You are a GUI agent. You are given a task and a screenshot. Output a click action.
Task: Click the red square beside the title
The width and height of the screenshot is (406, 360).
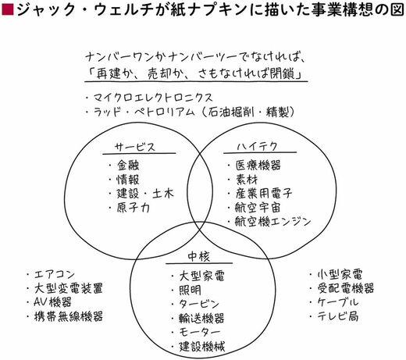pyautogui.click(x=7, y=9)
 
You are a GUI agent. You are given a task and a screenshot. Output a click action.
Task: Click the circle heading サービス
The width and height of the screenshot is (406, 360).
pyautogui.click(x=135, y=148)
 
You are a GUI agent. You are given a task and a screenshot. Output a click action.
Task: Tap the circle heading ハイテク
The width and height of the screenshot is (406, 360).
pyautogui.click(x=257, y=147)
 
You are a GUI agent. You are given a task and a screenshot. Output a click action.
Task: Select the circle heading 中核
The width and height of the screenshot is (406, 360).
pyautogui.click(x=198, y=257)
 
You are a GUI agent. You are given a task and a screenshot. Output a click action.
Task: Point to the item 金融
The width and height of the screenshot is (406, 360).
pyautogui.click(x=128, y=166)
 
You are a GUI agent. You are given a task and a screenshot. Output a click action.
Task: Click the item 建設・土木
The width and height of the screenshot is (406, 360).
pyautogui.click(x=145, y=194)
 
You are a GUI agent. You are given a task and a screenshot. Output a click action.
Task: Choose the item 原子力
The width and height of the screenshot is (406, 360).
pyautogui.click(x=133, y=208)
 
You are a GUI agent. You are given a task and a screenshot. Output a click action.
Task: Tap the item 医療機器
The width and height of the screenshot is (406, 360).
pyautogui.click(x=258, y=165)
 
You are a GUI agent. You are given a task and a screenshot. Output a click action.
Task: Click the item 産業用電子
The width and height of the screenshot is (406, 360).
pyautogui.click(x=264, y=194)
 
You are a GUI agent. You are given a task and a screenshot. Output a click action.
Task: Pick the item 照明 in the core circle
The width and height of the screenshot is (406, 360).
pyautogui.click(x=190, y=290)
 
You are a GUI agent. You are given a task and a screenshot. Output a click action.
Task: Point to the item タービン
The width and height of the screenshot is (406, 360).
pyautogui.click(x=199, y=304)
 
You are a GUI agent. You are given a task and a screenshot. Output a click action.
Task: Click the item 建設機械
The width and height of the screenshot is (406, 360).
pyautogui.click(x=201, y=347)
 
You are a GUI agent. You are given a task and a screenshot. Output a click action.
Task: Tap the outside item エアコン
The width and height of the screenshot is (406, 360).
pyautogui.click(x=55, y=274)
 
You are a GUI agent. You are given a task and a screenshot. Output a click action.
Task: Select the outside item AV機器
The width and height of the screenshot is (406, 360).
pyautogui.click(x=52, y=302)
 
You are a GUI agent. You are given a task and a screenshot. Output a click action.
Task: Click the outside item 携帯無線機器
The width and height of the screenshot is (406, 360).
pyautogui.click(x=69, y=316)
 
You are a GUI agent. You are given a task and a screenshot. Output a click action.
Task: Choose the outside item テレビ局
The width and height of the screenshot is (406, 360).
pyautogui.click(x=338, y=316)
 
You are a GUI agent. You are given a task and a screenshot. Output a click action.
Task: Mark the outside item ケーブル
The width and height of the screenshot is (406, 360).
pyautogui.click(x=338, y=302)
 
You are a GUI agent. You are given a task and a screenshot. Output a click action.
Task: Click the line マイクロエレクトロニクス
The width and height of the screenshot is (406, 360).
pyautogui.click(x=153, y=98)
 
